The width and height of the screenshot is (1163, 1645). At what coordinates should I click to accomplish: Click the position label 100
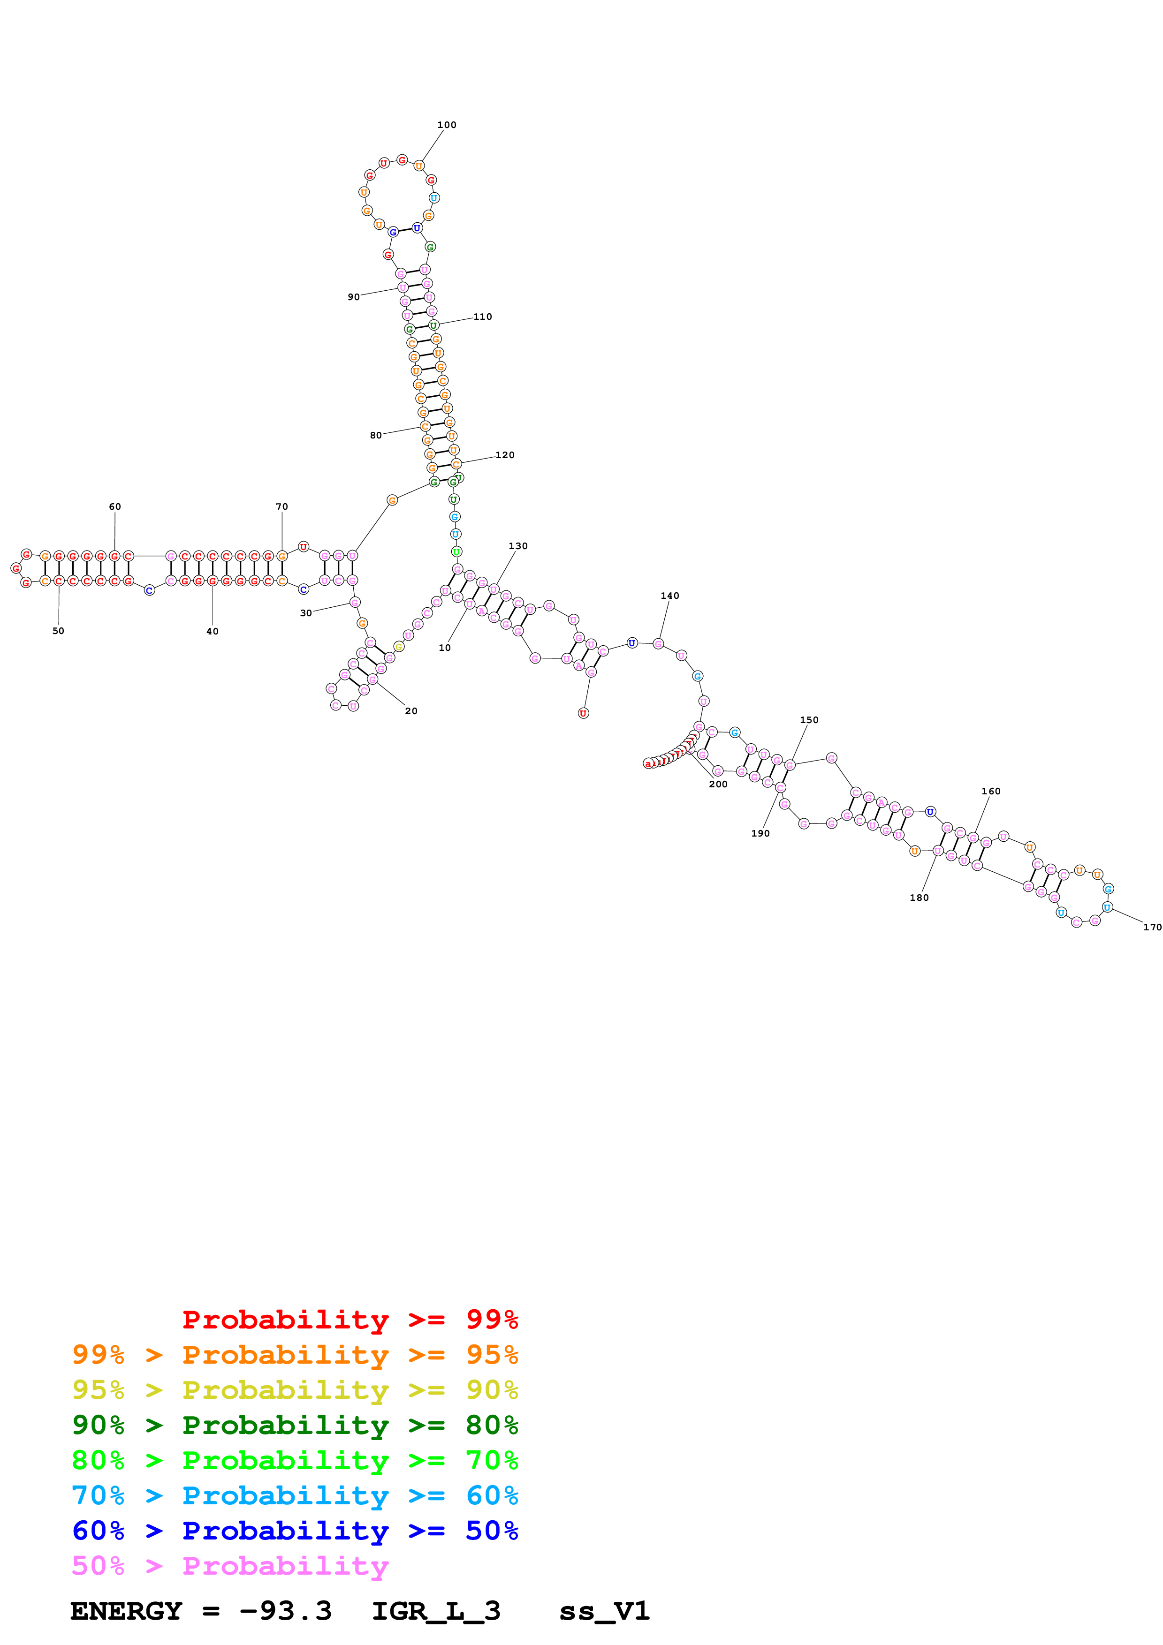[x=447, y=125]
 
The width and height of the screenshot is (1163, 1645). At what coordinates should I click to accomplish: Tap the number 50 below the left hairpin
[x=58, y=631]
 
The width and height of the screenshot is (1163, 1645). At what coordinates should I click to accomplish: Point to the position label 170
[x=1152, y=927]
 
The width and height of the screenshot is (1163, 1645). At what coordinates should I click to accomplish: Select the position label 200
[x=718, y=784]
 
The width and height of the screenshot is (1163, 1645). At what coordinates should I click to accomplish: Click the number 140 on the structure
[x=669, y=596]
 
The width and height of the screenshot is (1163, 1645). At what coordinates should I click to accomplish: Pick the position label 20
[x=410, y=711]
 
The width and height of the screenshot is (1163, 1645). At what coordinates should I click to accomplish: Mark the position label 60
[x=114, y=506]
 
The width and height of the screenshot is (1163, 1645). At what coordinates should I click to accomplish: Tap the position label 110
[x=482, y=317]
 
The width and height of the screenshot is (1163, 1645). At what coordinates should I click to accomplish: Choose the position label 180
[x=919, y=898]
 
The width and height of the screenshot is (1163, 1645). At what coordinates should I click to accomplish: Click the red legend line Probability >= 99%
[x=350, y=1319]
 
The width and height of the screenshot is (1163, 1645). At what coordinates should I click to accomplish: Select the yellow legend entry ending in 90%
[x=295, y=1390]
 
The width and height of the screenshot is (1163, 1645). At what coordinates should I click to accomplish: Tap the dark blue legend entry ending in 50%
[x=295, y=1531]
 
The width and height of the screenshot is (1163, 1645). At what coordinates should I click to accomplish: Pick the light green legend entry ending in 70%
[x=295, y=1460]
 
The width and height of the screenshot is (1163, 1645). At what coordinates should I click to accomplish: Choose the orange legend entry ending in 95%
[x=295, y=1355]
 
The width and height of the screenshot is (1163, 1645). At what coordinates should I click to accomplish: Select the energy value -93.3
[x=285, y=1611]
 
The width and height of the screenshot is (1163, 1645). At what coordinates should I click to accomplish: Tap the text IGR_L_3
[x=436, y=1611]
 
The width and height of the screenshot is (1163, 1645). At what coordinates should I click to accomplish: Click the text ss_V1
[x=604, y=1611]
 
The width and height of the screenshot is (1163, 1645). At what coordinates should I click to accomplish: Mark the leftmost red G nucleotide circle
[x=16, y=568]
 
